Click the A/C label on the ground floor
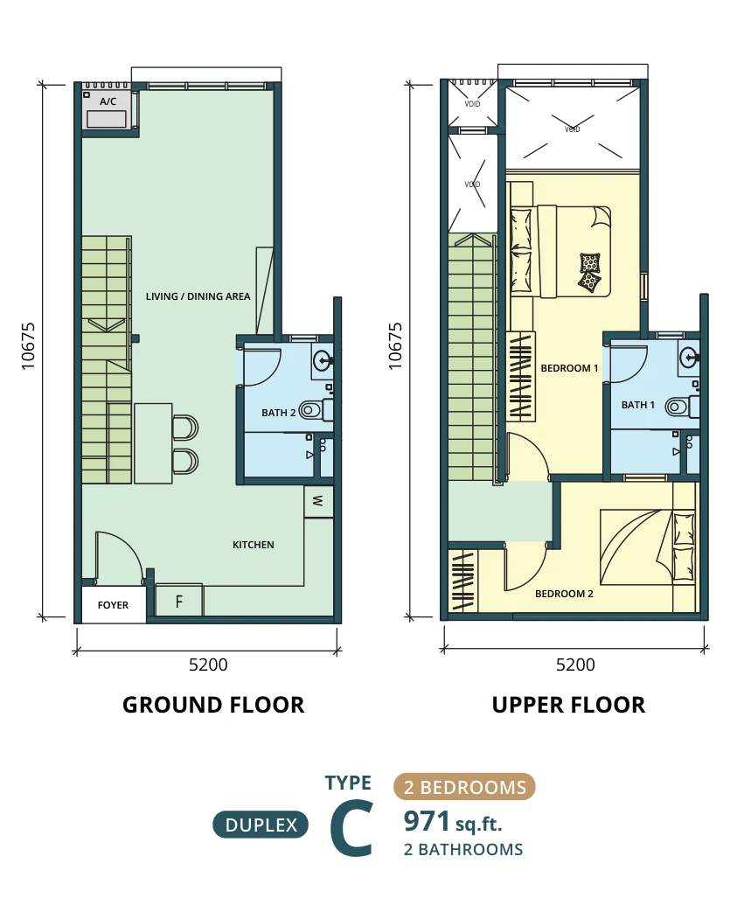[x=108, y=101]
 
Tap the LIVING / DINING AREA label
[x=198, y=296]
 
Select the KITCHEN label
[x=253, y=545]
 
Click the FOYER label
[x=113, y=605]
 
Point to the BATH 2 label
[x=278, y=413]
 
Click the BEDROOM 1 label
[x=569, y=368]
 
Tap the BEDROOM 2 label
[x=564, y=594]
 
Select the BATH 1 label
[x=638, y=404]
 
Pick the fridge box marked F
[x=179, y=600]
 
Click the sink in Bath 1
[x=689, y=355]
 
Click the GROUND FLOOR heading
[x=213, y=705]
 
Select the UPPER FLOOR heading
[x=568, y=705]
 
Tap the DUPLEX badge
[x=261, y=825]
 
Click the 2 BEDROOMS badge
[x=464, y=787]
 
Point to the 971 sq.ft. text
[x=453, y=822]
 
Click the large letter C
[x=351, y=830]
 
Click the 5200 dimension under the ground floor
[x=208, y=665]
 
